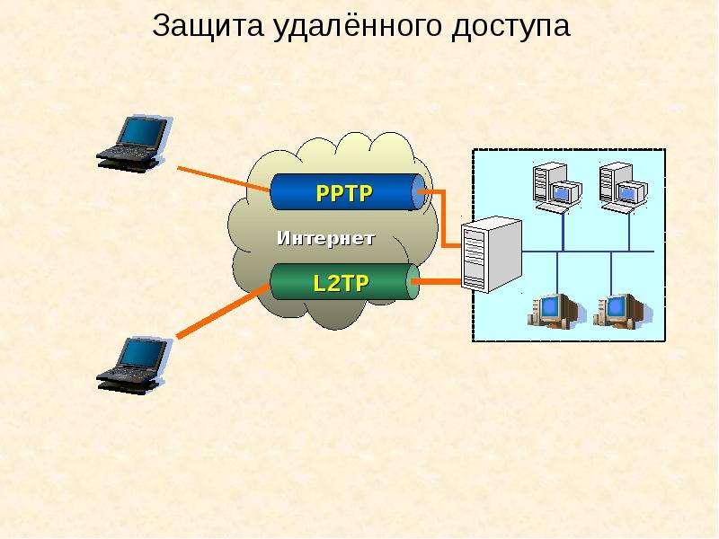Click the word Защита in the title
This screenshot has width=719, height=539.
click(x=208, y=26)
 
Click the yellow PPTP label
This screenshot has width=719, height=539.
click(x=344, y=193)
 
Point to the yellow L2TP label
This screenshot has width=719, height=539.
click(x=341, y=283)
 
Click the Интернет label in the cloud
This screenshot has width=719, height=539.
click(x=326, y=238)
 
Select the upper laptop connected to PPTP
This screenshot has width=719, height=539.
click(x=133, y=144)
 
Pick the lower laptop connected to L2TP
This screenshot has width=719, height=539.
click(x=133, y=366)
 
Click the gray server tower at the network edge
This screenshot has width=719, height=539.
click(x=491, y=254)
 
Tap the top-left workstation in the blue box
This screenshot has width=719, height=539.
click(x=557, y=187)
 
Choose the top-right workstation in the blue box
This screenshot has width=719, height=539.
click(x=624, y=187)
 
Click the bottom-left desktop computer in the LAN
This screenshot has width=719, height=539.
click(x=555, y=311)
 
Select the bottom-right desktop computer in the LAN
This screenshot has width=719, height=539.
click(x=622, y=311)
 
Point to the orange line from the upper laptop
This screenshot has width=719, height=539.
click(x=223, y=179)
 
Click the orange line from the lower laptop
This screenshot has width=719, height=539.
click(x=223, y=311)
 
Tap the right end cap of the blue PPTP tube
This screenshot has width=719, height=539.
click(x=419, y=192)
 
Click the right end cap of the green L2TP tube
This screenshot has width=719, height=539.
click(x=413, y=281)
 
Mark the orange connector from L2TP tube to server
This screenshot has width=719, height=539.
click(x=438, y=281)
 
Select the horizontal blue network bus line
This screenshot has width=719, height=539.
click(x=588, y=252)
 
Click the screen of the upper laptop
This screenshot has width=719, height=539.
click(x=142, y=133)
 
